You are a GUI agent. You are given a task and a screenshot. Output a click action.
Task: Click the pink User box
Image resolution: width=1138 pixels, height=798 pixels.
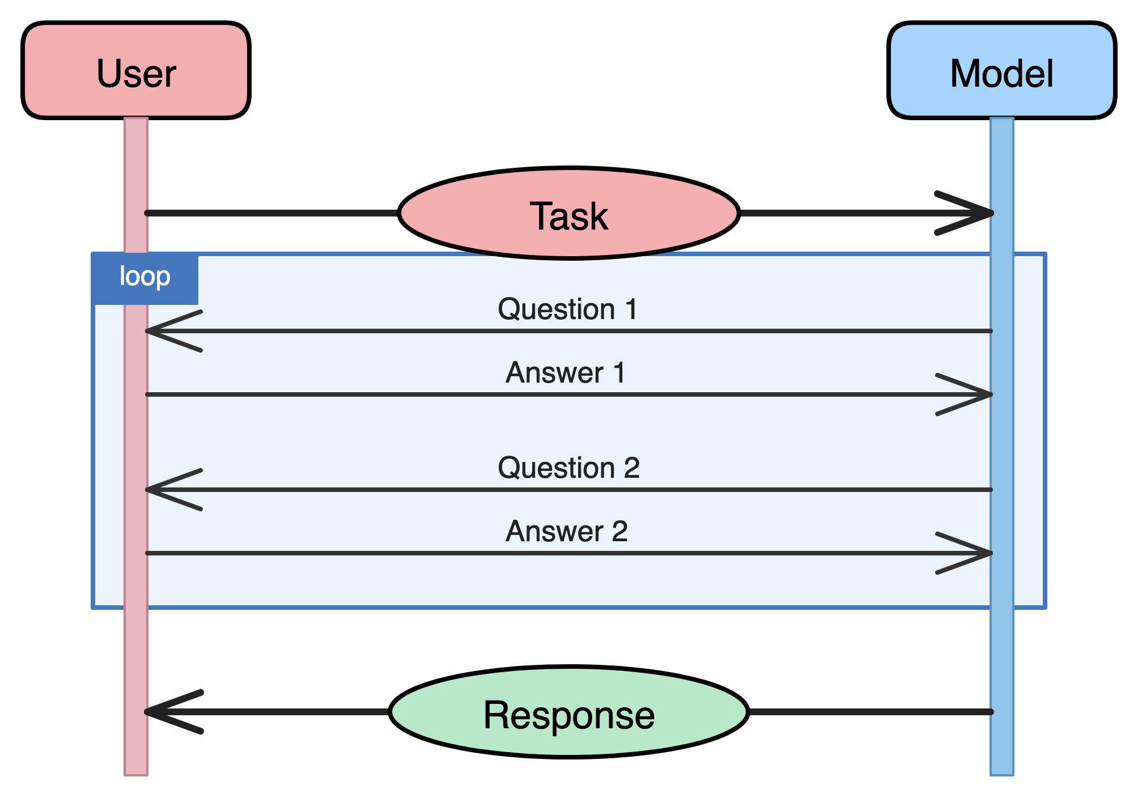tap(136, 71)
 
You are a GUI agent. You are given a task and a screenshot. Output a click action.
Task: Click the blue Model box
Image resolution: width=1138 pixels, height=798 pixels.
tap(1001, 71)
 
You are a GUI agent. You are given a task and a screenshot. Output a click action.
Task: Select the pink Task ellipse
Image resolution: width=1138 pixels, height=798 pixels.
tap(568, 214)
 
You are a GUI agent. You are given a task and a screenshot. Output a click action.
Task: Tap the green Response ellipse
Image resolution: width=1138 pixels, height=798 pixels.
tap(568, 712)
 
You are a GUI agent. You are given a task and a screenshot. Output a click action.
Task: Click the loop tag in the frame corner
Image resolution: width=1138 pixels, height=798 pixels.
tap(145, 278)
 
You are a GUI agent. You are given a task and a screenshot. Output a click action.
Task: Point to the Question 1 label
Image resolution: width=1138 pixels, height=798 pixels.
tap(567, 309)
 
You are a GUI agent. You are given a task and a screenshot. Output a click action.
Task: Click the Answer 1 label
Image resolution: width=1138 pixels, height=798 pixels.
tap(566, 373)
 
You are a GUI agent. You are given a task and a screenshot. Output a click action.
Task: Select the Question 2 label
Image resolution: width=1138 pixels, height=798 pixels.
tap(568, 468)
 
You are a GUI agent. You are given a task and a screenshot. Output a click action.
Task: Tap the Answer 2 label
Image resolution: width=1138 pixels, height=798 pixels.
tap(567, 532)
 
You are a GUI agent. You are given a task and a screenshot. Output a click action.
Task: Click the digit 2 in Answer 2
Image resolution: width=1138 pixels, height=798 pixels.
tap(619, 532)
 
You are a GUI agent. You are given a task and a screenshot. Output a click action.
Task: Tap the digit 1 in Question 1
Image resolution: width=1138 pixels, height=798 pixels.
tap(631, 309)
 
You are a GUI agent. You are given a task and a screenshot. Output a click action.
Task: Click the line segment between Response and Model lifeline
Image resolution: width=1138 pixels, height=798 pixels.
tap(870, 712)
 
